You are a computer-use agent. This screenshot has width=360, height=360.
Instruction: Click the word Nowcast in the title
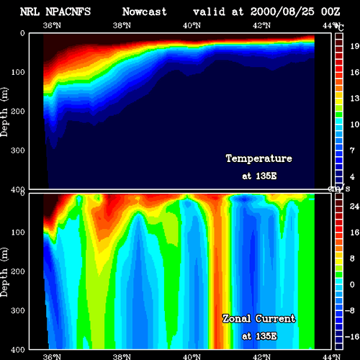coord(144,12)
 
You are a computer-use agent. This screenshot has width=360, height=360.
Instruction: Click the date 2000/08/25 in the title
coord(282,12)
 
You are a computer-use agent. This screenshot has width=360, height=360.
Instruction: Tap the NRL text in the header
coord(30,12)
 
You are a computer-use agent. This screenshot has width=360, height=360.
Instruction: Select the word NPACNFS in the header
coord(68,12)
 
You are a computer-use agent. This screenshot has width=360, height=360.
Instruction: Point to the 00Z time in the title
coord(330,12)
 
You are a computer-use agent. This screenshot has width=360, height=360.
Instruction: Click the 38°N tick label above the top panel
coord(122,25)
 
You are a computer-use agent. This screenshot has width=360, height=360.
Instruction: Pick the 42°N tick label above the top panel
coord(261,25)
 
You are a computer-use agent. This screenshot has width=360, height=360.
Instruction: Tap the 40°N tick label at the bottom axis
coord(192,356)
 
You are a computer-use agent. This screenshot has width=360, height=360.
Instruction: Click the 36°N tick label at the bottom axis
coord(52,356)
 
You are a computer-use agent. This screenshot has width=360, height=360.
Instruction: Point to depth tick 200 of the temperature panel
coord(18,112)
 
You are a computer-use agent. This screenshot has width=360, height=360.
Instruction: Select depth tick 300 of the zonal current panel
coord(18,310)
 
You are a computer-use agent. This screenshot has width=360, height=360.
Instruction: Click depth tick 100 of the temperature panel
coord(18,72)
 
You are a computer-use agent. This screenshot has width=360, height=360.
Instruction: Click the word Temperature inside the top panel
coord(259,158)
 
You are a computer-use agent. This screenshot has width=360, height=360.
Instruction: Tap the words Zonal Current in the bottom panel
coord(259,319)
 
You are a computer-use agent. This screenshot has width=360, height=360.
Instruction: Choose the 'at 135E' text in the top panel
coord(259,176)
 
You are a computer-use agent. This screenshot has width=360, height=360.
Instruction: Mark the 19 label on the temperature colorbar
coord(355,46)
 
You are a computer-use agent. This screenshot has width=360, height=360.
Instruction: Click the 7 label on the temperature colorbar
coord(352,150)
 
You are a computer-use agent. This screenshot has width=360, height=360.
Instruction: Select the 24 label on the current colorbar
coord(354,207)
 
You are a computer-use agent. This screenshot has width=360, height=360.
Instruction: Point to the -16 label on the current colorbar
coord(352,337)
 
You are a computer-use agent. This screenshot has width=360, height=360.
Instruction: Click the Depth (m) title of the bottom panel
coord(4,272)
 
